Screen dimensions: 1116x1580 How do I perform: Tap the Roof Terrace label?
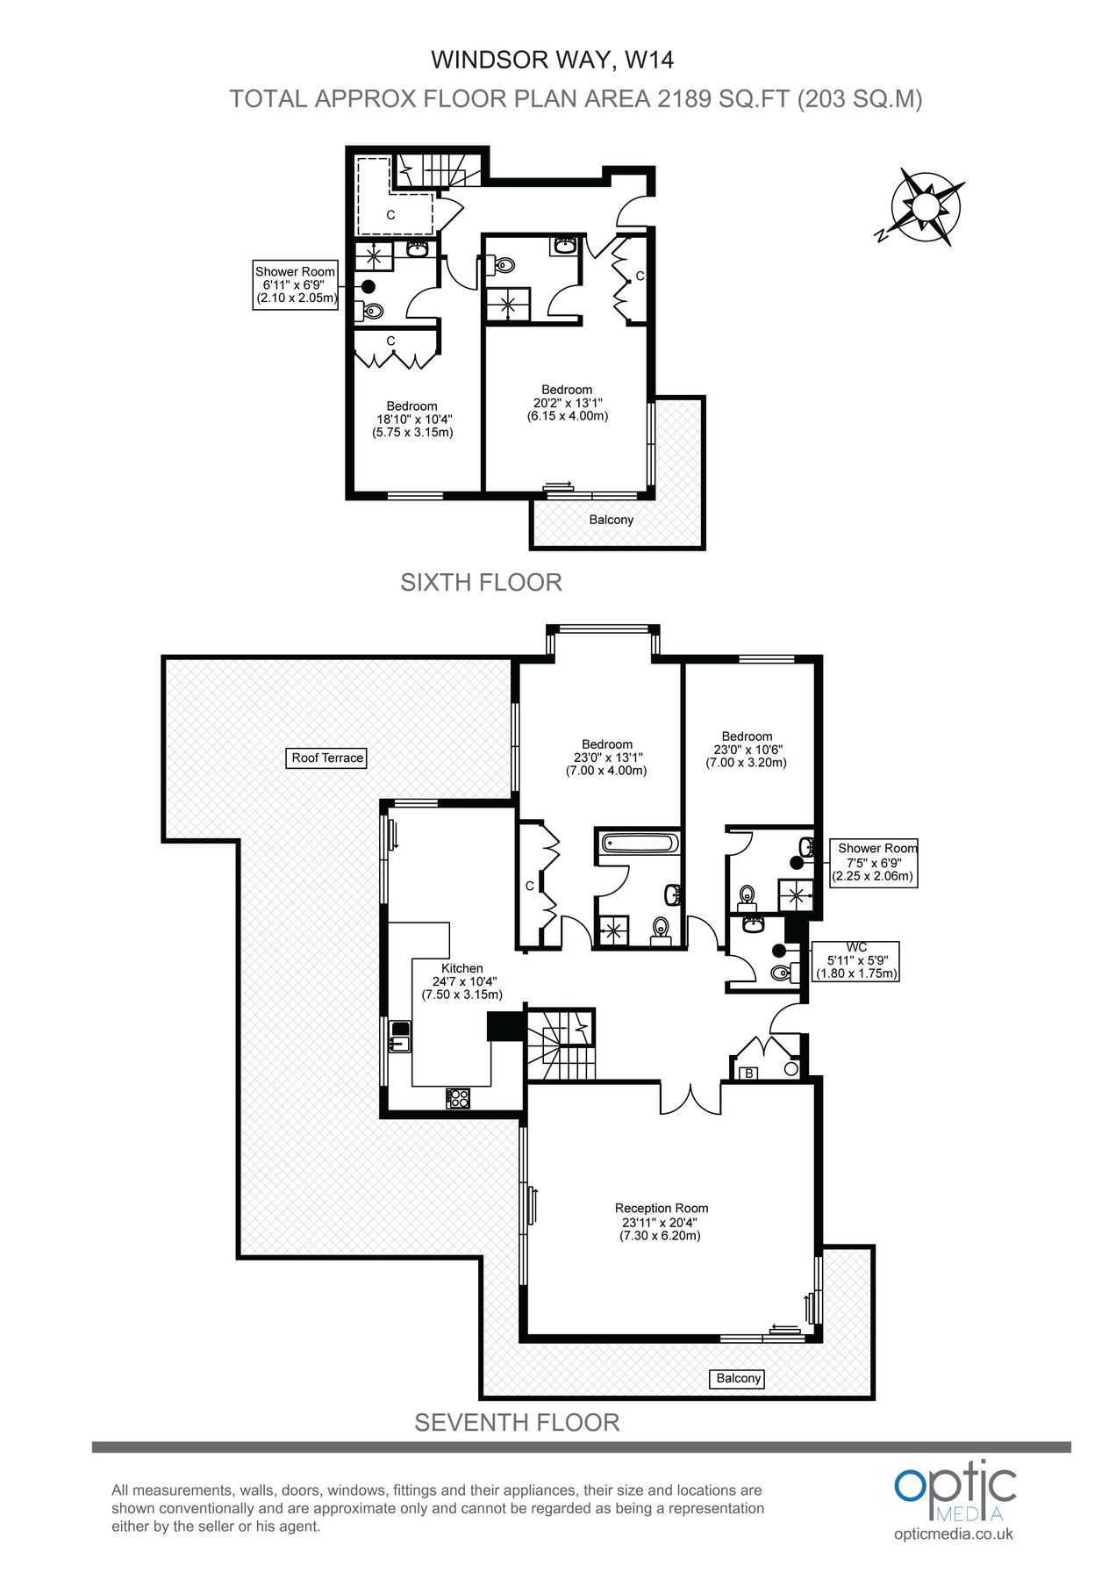point(327,758)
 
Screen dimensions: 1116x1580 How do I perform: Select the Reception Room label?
point(661,1222)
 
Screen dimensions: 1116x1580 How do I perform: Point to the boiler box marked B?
point(749,1073)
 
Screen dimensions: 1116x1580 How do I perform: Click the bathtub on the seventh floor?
point(639,844)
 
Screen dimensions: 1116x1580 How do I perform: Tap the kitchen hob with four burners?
point(457,1097)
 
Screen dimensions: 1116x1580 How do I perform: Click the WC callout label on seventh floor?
point(856,960)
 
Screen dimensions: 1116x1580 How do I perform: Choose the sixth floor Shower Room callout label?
point(296,285)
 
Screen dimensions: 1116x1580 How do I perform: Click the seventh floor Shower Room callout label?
point(874,862)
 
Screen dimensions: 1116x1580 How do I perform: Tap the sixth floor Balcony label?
point(612,520)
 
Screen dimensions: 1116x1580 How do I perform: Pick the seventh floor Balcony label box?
point(738,1378)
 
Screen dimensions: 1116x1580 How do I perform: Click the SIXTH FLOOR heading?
point(481,583)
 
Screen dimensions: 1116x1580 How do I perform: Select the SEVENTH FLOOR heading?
point(517,1423)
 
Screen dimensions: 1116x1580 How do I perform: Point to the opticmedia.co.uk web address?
point(954,1533)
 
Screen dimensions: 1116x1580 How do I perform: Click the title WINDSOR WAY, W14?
point(552,60)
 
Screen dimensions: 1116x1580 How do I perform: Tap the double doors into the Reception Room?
point(690,1097)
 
